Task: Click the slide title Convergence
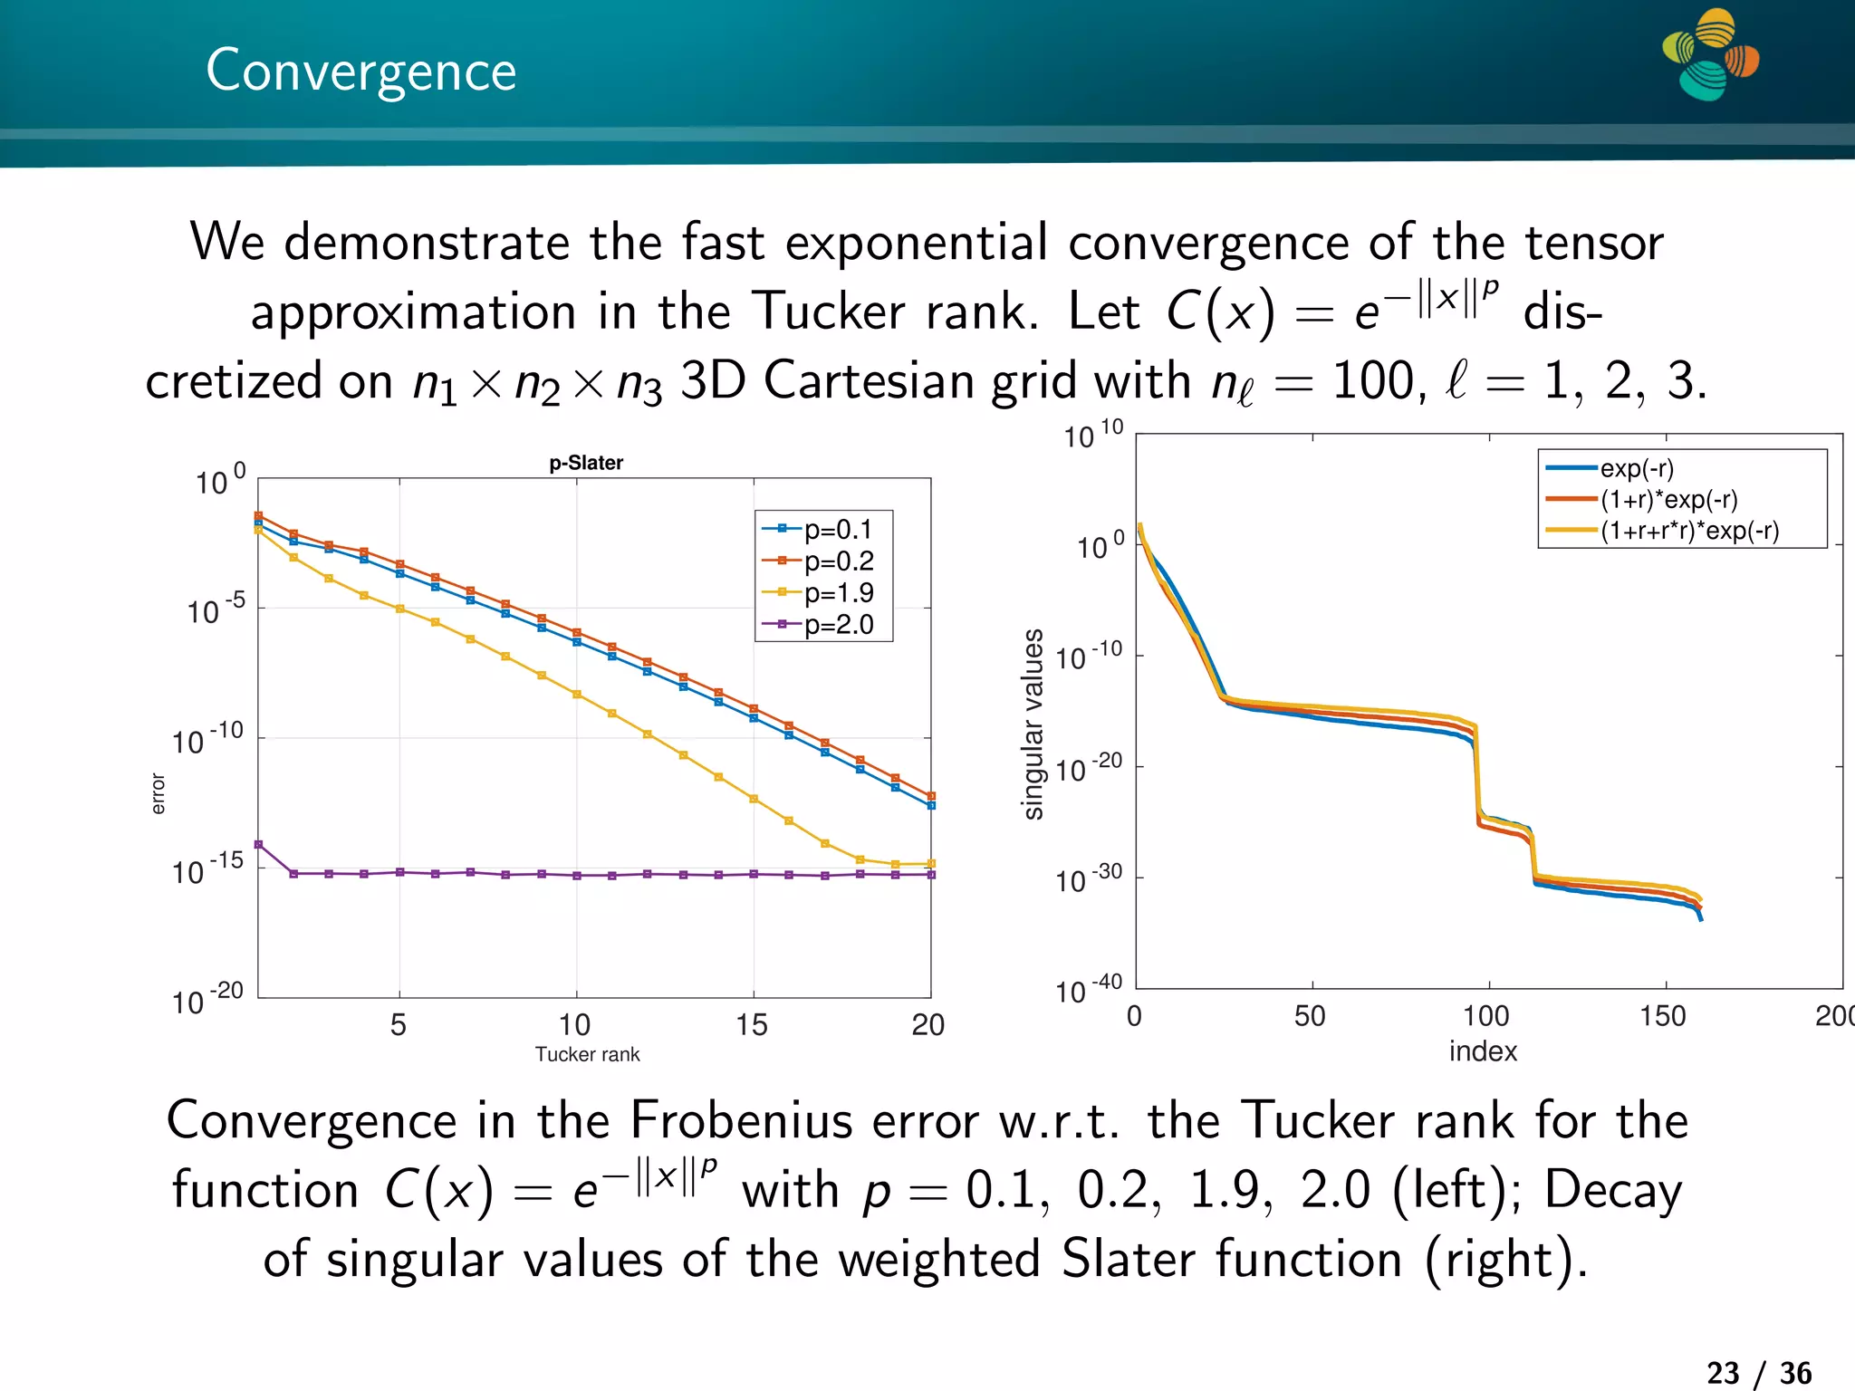pos(360,71)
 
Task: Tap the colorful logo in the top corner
pos(1710,54)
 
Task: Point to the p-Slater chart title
pos(586,463)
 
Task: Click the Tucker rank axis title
pos(587,1054)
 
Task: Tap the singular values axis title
pos(1033,724)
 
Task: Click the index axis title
pos(1483,1050)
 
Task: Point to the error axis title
pos(159,793)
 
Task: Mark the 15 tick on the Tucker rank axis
pos(752,1024)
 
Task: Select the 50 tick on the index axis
pos(1311,1016)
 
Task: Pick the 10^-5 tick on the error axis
pos(216,610)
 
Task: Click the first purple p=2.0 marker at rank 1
pos(258,844)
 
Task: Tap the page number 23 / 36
pos(1759,1372)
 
